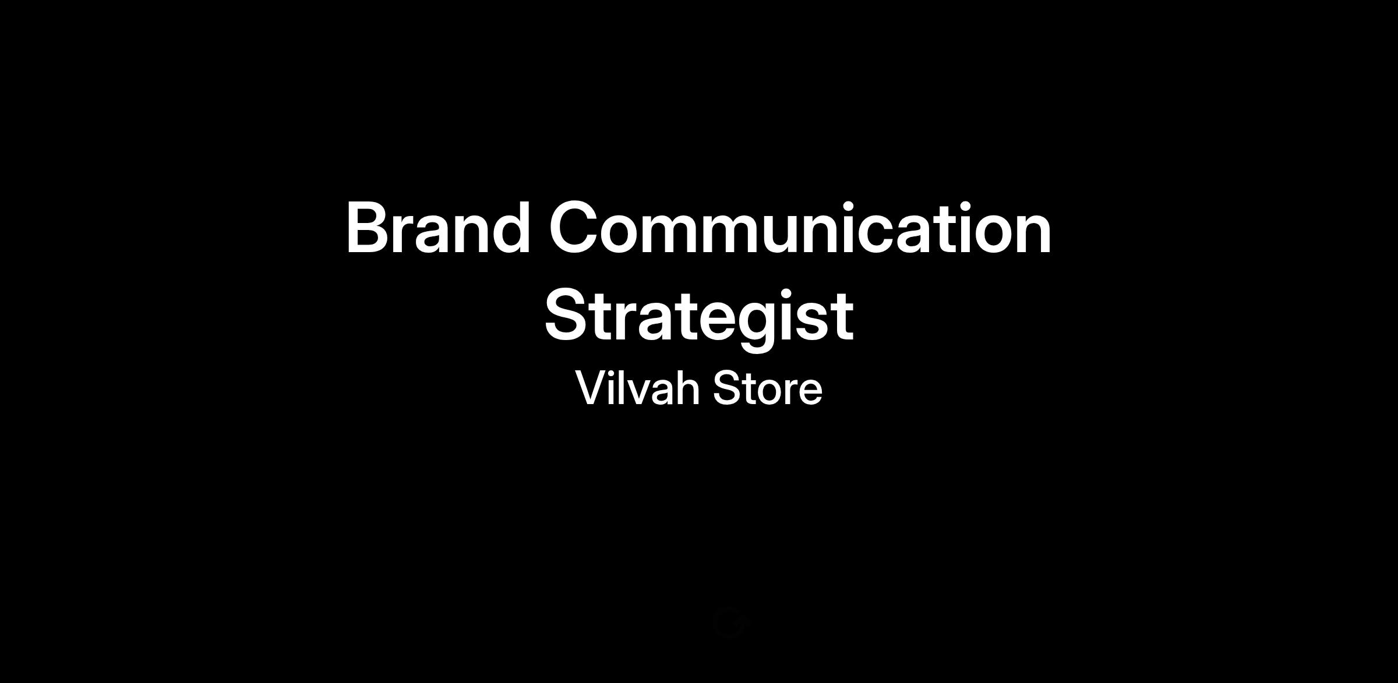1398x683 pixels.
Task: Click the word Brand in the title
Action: [x=438, y=228]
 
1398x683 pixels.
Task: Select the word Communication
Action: [x=800, y=228]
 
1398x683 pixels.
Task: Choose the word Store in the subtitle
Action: [x=768, y=388]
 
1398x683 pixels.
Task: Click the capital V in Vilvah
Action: [x=592, y=388]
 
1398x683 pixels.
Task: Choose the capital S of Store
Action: [x=727, y=388]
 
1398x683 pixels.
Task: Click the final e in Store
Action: [x=810, y=392]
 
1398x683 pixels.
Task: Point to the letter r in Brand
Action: [x=409, y=234]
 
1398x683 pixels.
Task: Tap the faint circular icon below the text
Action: [x=729, y=622]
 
